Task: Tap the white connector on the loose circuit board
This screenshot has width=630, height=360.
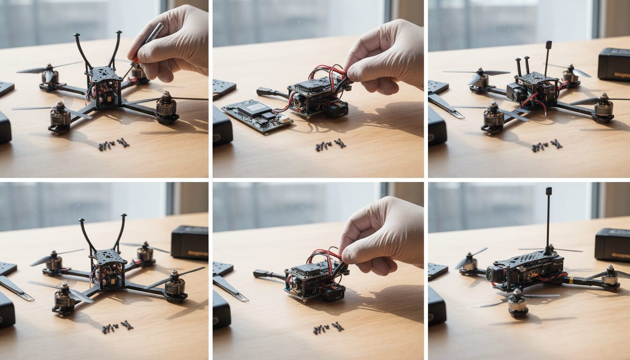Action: click(284, 120)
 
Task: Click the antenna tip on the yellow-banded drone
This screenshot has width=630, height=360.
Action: click(548, 191)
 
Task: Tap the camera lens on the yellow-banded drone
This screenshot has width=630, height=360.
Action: click(490, 275)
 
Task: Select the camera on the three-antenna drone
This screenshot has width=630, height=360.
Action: click(516, 93)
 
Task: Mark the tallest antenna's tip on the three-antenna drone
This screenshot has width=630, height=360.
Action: click(548, 45)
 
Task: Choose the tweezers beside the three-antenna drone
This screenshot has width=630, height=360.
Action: click(445, 105)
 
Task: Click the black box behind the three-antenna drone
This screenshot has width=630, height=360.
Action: click(614, 64)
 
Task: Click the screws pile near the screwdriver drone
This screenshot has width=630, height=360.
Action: click(113, 144)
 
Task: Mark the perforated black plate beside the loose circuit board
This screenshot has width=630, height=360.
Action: click(224, 88)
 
